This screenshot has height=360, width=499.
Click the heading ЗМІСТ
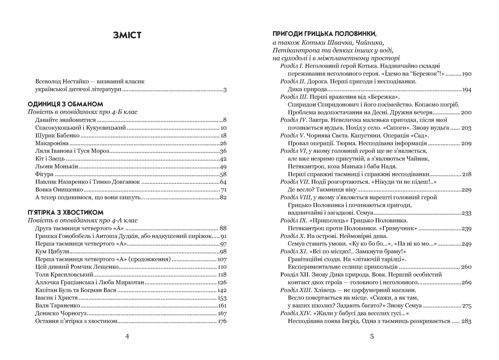pyautogui.click(x=127, y=35)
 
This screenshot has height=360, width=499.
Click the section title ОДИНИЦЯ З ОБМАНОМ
pyautogui.click(x=65, y=104)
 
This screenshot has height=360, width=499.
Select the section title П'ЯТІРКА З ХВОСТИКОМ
pyautogui.click(x=65, y=212)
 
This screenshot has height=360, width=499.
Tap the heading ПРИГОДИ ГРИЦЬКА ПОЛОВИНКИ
pyautogui.click(x=325, y=33)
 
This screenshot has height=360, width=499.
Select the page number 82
pyautogui.click(x=222, y=197)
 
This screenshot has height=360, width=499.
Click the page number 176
pyautogui.click(x=222, y=321)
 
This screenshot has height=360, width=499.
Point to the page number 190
pyautogui.click(x=466, y=74)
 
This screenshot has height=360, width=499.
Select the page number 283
pyautogui.click(x=466, y=321)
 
